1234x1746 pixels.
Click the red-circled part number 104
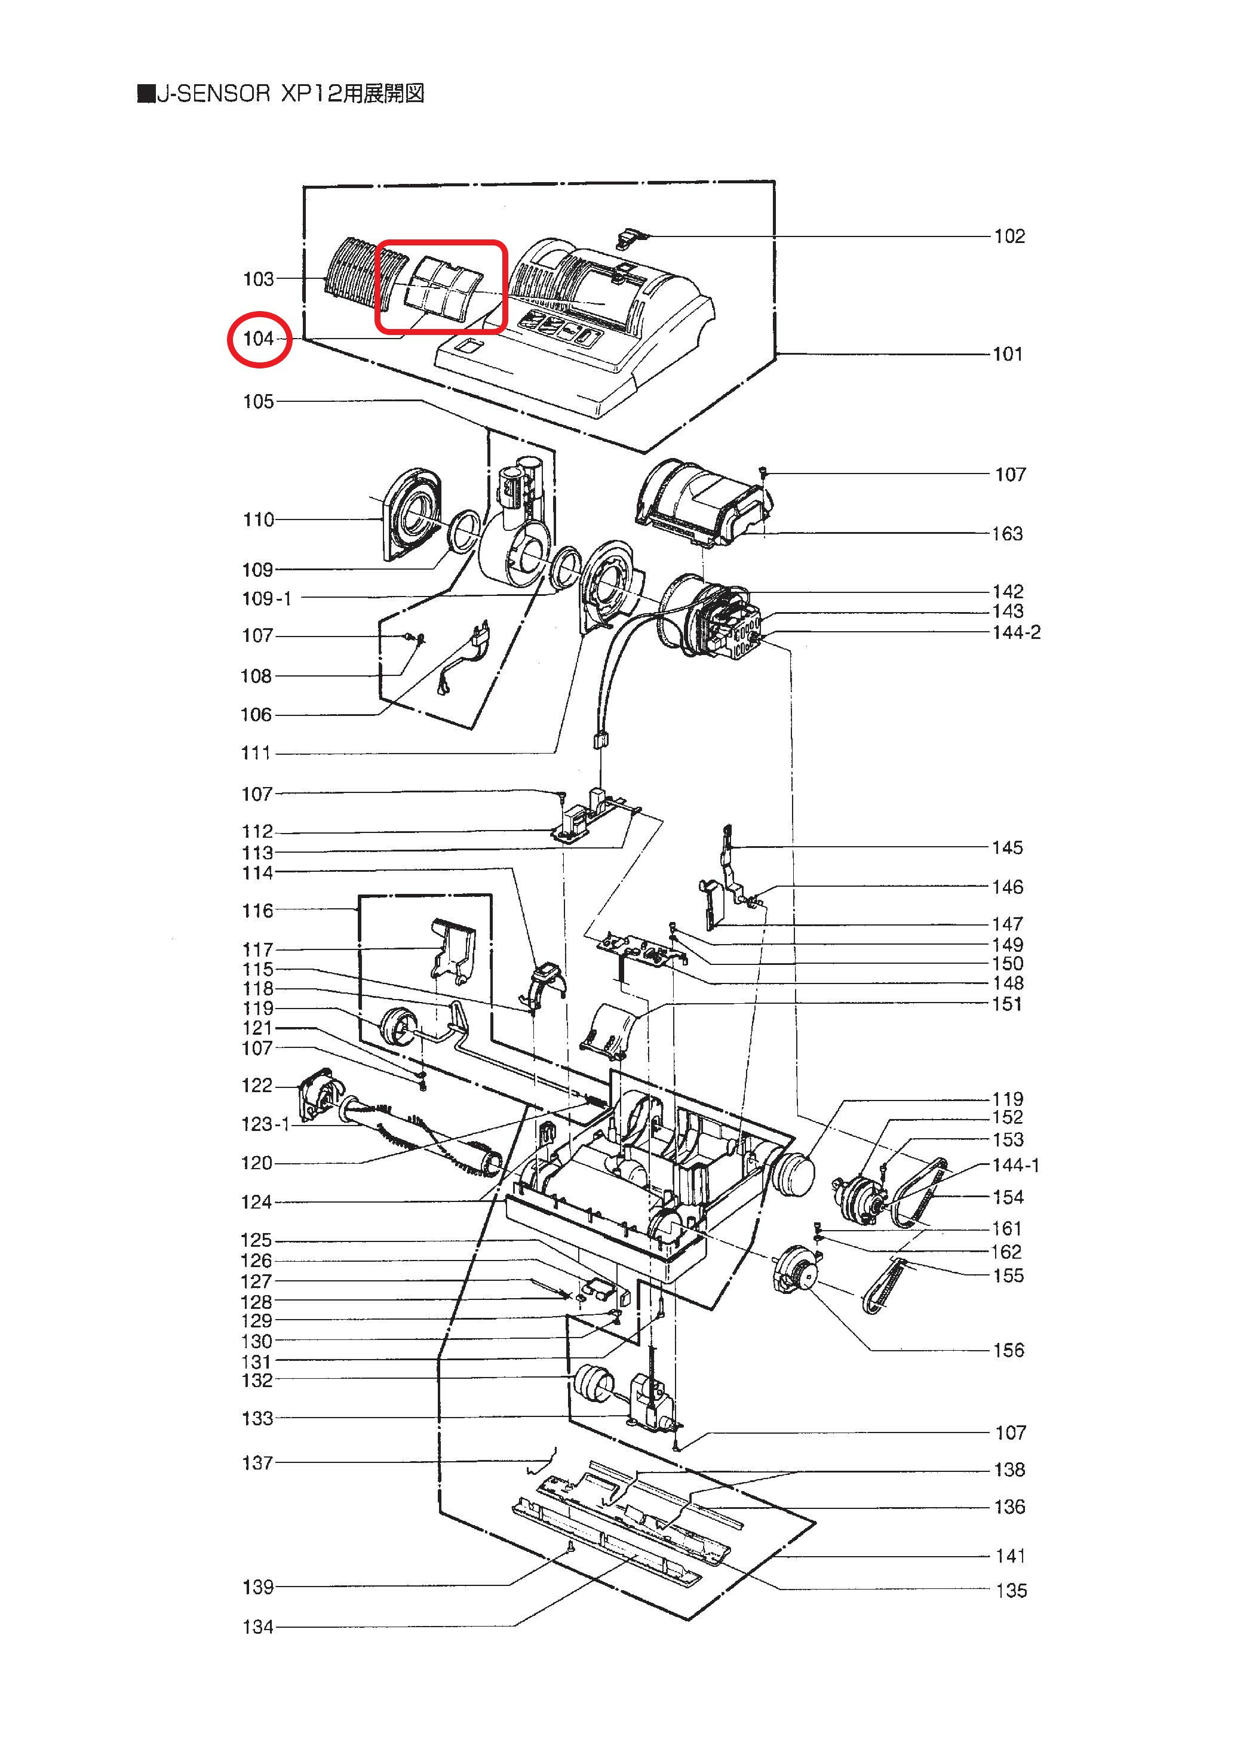coord(258,339)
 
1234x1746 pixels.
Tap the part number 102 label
coord(1009,236)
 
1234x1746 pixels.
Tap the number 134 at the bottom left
coord(258,1627)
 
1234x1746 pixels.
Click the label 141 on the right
coord(1009,1557)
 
